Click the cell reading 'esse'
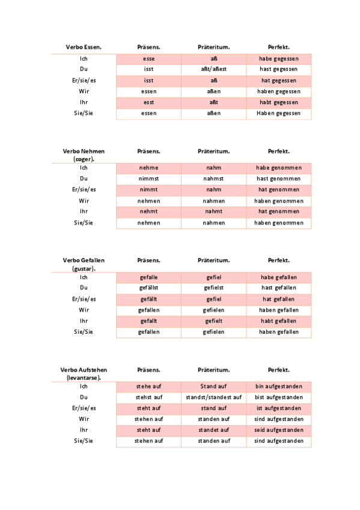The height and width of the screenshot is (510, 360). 148,59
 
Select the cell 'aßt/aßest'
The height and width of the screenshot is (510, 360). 214,70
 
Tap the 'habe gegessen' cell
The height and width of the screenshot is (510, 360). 279,59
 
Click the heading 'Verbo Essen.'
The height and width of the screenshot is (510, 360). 84,47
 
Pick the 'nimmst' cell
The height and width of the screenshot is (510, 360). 148,179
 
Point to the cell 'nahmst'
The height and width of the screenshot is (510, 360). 214,179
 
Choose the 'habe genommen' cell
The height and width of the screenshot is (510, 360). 279,168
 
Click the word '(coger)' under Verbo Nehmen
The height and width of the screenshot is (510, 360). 84,159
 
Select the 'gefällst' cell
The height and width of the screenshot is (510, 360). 148,288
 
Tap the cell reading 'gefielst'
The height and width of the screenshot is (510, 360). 214,288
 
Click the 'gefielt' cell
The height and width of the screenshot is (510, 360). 214,321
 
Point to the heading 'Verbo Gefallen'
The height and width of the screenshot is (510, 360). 84,260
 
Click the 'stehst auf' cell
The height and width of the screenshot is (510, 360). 148,398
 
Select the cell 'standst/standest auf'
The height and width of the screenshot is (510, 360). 214,398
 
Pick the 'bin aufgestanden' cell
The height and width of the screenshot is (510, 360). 279,386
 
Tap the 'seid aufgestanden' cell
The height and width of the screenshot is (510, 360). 279,430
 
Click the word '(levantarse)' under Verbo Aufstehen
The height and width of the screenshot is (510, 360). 84,378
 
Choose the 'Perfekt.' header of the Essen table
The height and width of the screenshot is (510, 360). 279,47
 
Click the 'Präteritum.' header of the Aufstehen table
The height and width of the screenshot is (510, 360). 214,370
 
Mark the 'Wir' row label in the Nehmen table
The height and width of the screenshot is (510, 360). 84,201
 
